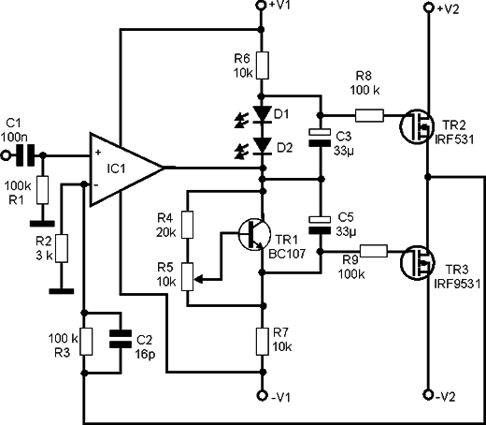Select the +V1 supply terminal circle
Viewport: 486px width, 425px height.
[262, 5]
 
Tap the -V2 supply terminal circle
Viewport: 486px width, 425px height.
[429, 394]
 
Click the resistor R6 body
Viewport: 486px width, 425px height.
[263, 66]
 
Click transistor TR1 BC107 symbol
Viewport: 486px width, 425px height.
[254, 234]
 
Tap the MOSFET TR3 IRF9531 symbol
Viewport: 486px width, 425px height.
[418, 262]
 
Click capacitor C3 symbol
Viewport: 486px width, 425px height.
[320, 138]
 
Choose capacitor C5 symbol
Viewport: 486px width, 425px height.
[320, 225]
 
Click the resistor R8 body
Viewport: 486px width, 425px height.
[369, 115]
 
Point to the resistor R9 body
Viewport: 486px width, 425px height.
[374, 251]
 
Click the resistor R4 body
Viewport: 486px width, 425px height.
[187, 225]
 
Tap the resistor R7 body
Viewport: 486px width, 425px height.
[263, 342]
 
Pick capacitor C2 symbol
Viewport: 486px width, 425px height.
[121, 339]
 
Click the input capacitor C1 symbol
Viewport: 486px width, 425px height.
[26, 155]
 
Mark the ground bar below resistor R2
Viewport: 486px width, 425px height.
[62, 291]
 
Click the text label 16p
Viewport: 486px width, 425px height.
[145, 354]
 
